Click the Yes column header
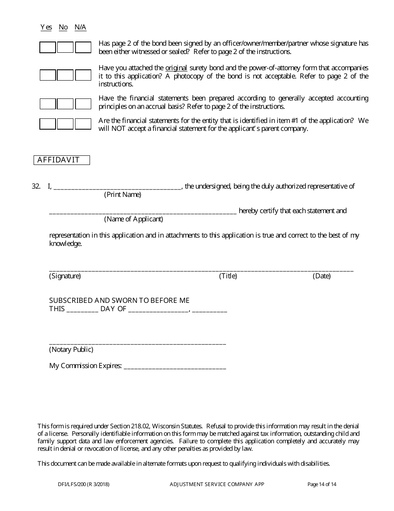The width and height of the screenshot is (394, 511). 46,27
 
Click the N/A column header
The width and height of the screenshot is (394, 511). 80,27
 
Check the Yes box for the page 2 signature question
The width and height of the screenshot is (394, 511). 48,47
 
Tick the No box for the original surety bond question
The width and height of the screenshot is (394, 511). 65,75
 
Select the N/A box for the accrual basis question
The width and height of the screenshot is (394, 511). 83,103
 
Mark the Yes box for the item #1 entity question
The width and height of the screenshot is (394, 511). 48,124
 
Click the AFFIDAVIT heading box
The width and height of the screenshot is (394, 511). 62,160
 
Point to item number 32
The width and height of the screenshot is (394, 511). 36,186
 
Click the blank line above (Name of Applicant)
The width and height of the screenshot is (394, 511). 143,212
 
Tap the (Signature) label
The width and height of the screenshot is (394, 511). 65,276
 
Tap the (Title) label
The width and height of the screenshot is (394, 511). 228,276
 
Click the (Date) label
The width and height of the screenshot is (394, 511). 321,276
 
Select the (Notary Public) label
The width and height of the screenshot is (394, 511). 71,349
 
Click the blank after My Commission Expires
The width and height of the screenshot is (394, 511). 175,366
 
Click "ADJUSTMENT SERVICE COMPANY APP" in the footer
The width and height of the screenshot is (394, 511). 217,484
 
